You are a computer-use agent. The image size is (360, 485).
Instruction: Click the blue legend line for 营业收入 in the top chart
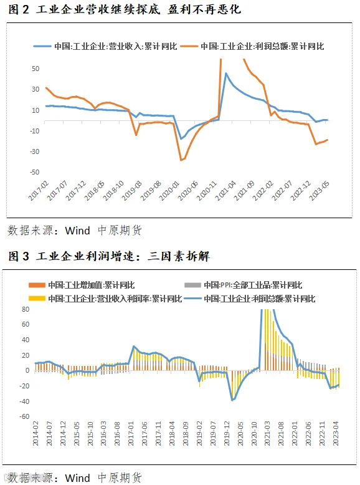(42, 46)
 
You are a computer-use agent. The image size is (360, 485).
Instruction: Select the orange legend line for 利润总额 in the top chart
(189, 46)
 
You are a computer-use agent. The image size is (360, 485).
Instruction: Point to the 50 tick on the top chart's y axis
(36, 69)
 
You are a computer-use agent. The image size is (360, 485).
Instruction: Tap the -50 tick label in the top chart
(35, 172)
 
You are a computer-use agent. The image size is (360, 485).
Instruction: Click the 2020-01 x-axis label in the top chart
(169, 191)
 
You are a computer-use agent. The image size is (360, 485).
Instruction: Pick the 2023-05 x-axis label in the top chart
(320, 191)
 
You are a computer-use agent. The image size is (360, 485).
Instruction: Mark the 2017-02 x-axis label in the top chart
(39, 191)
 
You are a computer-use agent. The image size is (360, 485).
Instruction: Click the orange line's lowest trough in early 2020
(181, 160)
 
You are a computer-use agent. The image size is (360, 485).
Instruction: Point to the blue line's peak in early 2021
(226, 74)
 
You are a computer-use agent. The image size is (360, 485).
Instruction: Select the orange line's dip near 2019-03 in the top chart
(136, 135)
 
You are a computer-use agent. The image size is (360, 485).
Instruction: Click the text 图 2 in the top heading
(19, 9)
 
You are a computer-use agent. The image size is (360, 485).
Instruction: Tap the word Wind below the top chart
(77, 231)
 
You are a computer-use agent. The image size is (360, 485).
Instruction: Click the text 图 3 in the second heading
(19, 256)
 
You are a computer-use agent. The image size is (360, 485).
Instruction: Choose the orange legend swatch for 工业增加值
(37, 285)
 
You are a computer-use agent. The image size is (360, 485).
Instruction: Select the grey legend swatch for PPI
(192, 285)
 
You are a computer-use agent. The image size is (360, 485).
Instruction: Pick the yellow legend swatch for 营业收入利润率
(37, 299)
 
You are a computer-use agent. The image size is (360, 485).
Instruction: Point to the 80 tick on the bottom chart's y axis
(26, 309)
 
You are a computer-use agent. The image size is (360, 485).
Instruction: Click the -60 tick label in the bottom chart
(24, 416)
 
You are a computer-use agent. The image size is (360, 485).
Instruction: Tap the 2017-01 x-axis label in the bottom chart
(131, 433)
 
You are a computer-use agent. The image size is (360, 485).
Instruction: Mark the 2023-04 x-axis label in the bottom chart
(336, 433)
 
